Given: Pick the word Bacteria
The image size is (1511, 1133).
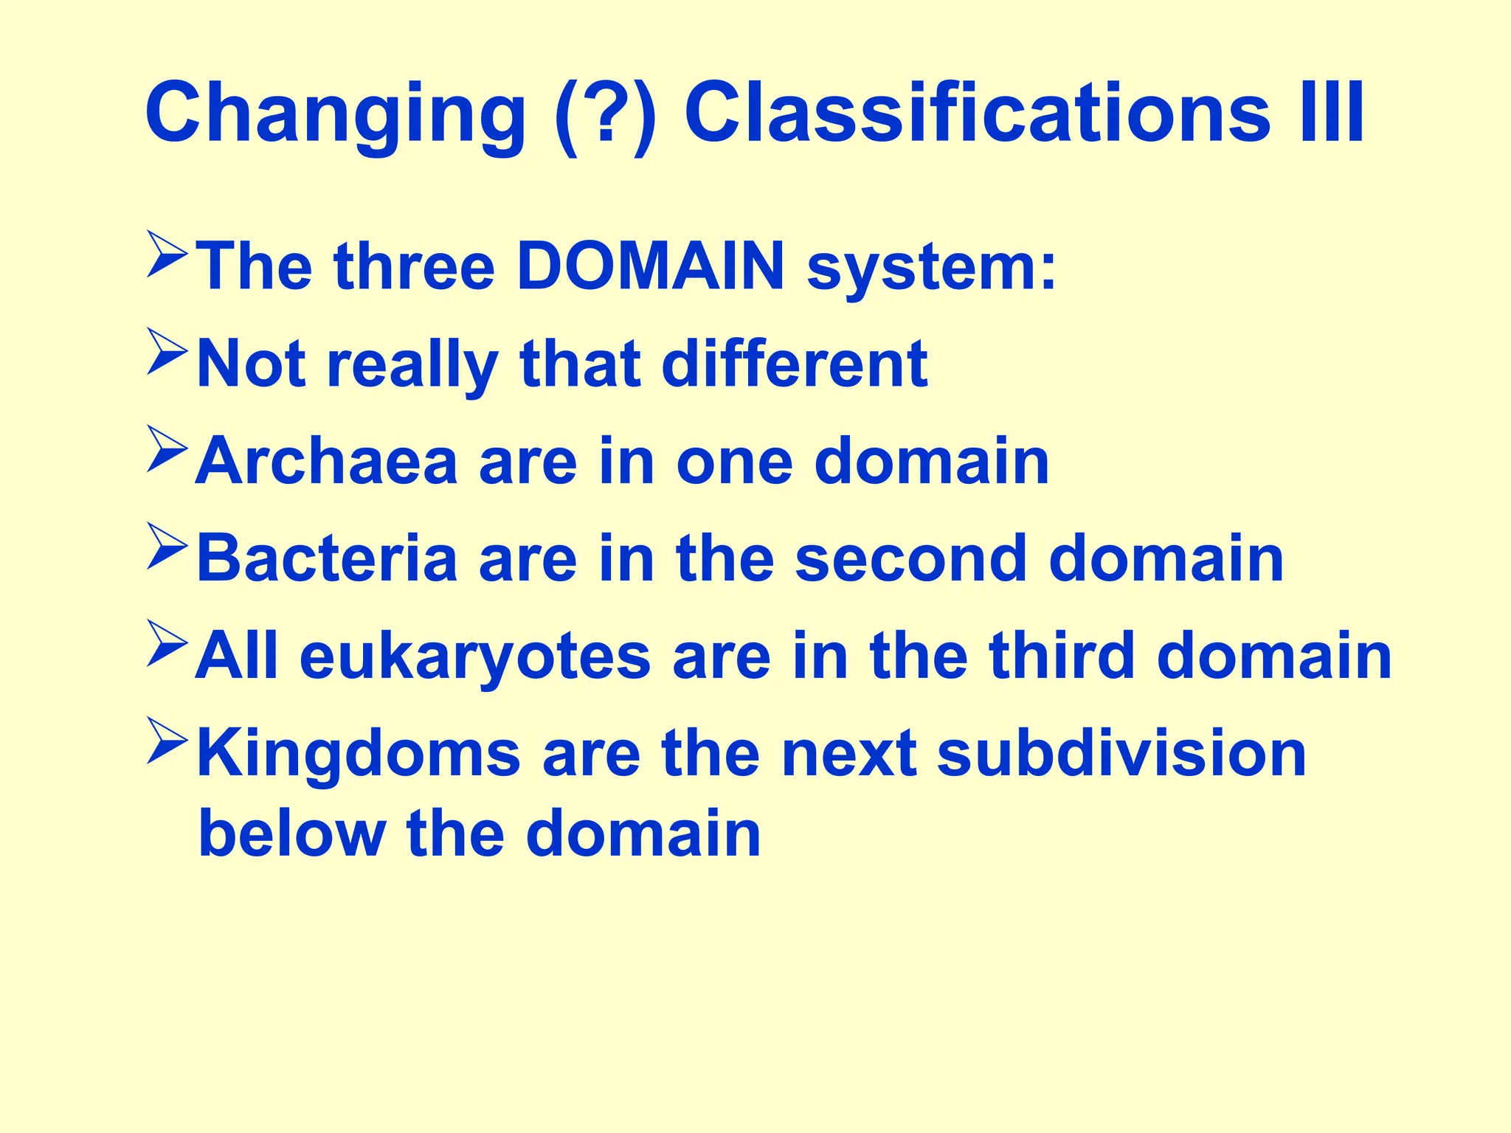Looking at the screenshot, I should [x=327, y=558].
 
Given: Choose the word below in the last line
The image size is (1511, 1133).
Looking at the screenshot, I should [x=292, y=834].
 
